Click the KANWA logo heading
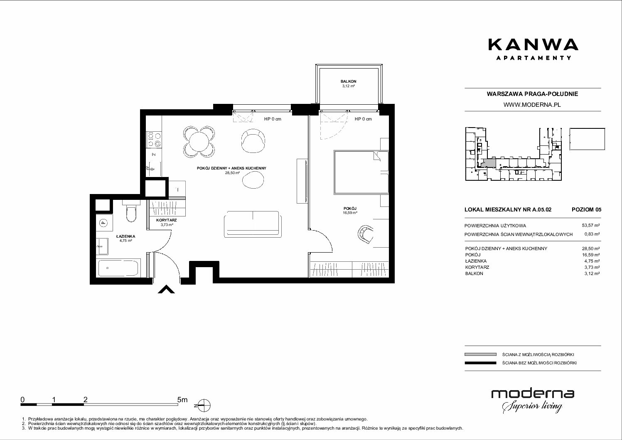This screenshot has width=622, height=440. point(533,45)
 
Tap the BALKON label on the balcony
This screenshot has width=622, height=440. point(349,81)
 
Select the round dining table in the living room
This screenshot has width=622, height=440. point(199,141)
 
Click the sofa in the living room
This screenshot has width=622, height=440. point(253,224)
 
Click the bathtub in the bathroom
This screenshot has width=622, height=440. point(118,268)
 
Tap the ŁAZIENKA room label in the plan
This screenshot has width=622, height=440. point(125,236)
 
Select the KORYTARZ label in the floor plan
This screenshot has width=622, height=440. point(166,220)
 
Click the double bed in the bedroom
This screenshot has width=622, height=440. point(361,172)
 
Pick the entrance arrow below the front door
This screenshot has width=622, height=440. point(166,289)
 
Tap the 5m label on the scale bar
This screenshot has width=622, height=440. point(182,400)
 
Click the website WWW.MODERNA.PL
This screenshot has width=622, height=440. point(532,105)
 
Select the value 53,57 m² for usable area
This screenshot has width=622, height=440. point(591,226)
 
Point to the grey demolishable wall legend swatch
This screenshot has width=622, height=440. point(480,354)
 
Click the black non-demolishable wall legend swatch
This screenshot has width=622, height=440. point(480,363)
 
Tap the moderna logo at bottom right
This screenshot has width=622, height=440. point(533,400)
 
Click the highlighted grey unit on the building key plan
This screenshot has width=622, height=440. point(488,162)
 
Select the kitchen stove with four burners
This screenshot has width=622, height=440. point(154,139)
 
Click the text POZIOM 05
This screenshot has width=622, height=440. point(586,209)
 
